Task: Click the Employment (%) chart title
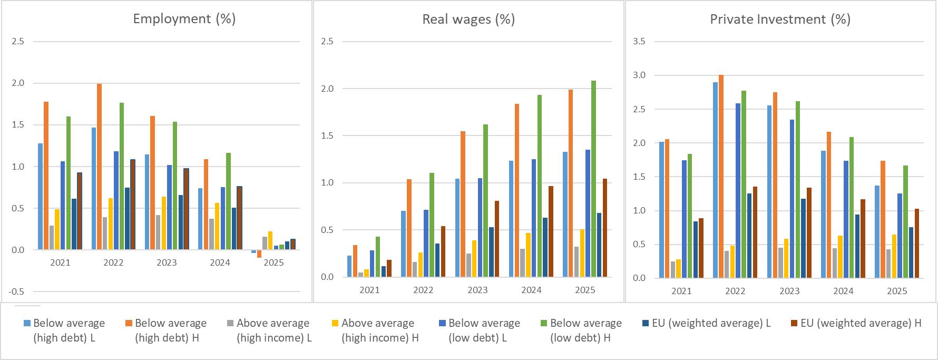[x=184, y=19]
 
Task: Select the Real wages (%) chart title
[x=468, y=20]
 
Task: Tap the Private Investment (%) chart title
[x=780, y=20]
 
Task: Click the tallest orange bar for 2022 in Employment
[x=99, y=166]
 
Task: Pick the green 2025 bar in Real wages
[x=594, y=179]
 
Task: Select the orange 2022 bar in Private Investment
[x=721, y=176]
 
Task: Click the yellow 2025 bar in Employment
[x=270, y=240]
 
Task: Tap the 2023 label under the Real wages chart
[x=477, y=290]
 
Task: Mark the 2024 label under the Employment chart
[x=220, y=262]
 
